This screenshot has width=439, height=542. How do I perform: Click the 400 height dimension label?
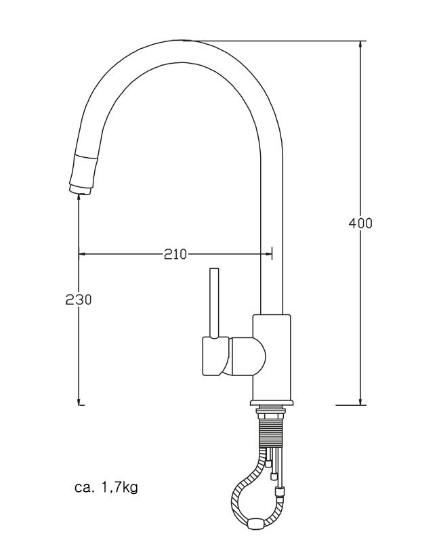coord(360,223)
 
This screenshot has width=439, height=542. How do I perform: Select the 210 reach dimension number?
coord(175,255)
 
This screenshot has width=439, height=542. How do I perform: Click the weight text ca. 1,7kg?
coord(106,487)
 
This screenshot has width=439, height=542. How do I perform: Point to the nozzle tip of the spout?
coord(80,193)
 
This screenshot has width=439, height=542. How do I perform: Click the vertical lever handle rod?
coord(214,301)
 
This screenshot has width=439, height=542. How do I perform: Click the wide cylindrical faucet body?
coord(272,357)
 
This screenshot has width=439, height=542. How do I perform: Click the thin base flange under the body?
coord(272,402)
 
